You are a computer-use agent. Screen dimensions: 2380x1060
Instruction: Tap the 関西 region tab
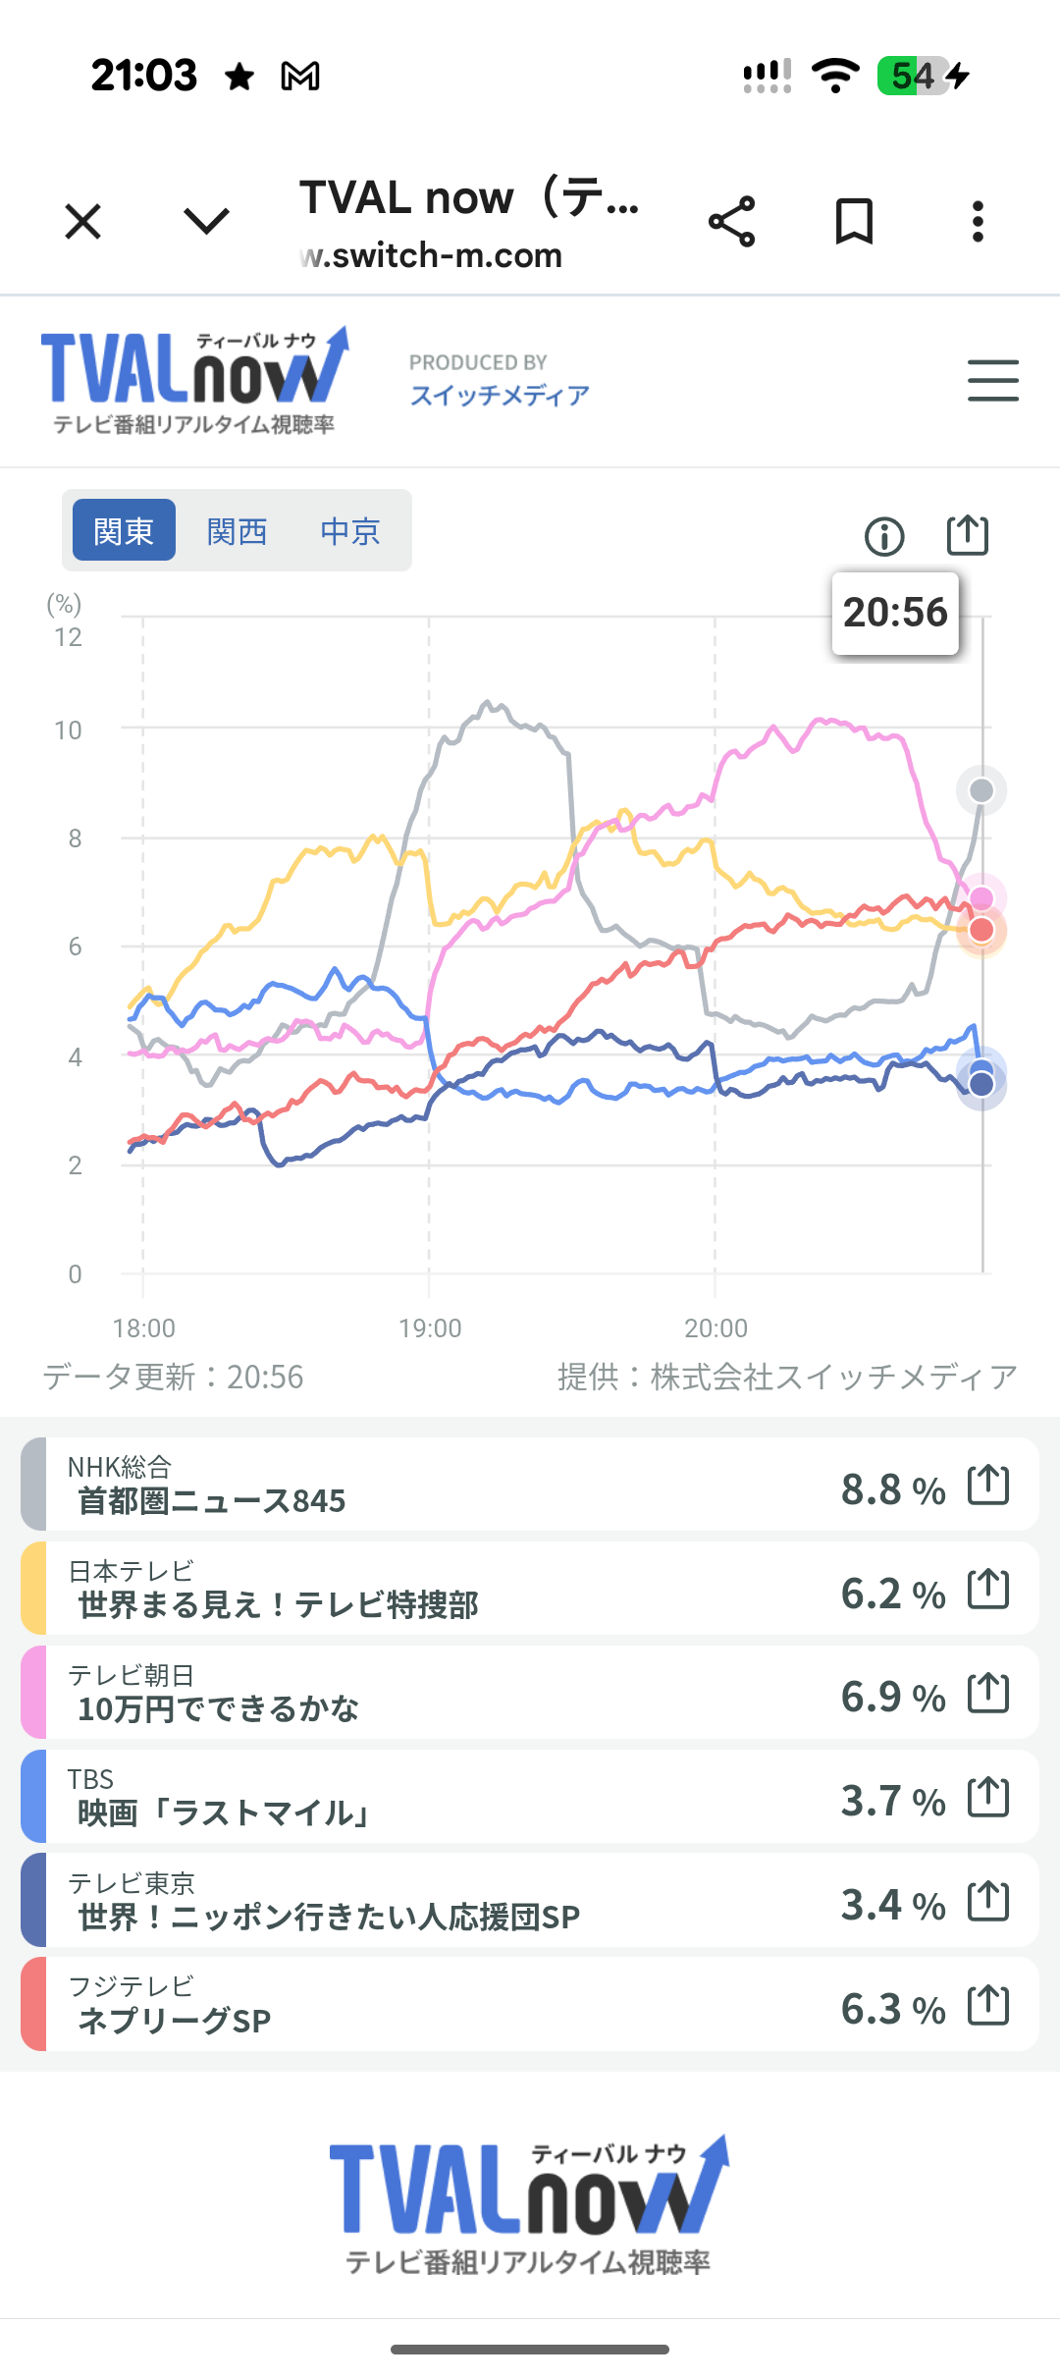pyautogui.click(x=237, y=531)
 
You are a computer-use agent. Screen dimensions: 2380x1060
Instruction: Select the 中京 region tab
pyautogui.click(x=349, y=531)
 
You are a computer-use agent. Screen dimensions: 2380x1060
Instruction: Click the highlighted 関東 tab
pyautogui.click(x=124, y=531)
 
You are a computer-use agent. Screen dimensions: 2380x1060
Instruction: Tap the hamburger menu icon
pyautogui.click(x=992, y=380)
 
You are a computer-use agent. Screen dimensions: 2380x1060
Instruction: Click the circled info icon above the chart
pyautogui.click(x=884, y=536)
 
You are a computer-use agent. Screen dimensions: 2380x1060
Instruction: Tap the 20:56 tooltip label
pyautogui.click(x=895, y=613)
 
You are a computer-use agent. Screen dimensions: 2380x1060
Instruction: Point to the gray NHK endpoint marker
pyautogui.click(x=981, y=790)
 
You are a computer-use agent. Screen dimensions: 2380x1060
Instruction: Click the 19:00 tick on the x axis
pyautogui.click(x=430, y=1328)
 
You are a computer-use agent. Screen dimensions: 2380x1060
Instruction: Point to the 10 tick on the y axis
pyautogui.click(x=69, y=730)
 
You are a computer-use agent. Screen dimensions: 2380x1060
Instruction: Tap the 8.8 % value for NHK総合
pyautogui.click(x=892, y=1489)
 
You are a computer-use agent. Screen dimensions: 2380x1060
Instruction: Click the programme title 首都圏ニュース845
pyautogui.click(x=212, y=1501)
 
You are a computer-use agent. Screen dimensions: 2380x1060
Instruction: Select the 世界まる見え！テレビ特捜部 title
pyautogui.click(x=278, y=1605)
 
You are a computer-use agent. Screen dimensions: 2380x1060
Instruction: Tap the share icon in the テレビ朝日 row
pyautogui.click(x=988, y=1693)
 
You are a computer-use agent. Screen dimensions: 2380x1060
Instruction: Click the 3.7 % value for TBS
pyautogui.click(x=892, y=1801)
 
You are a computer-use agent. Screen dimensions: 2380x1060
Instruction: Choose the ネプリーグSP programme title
pyautogui.click(x=174, y=2021)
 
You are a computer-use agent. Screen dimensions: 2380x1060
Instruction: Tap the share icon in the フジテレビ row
pyautogui.click(x=988, y=2005)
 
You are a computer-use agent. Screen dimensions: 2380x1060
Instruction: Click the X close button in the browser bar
pyautogui.click(x=83, y=221)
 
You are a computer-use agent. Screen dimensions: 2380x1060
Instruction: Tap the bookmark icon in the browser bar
pyautogui.click(x=854, y=221)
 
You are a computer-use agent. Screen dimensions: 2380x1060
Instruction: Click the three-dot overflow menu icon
pyautogui.click(x=978, y=221)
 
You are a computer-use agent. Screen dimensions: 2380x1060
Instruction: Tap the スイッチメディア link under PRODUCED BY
pyautogui.click(x=500, y=395)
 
